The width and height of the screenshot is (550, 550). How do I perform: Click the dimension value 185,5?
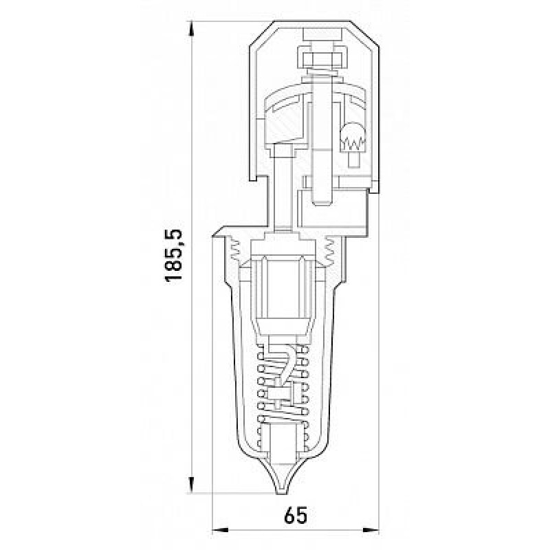pyautogui.click(x=174, y=256)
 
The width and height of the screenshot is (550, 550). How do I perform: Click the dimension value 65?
pyautogui.click(x=296, y=515)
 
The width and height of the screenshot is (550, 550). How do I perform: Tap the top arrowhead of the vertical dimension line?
pyautogui.click(x=192, y=28)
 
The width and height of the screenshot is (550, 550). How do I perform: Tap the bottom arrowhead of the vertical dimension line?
pyautogui.click(x=192, y=485)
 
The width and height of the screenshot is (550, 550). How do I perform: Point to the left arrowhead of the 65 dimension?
pyautogui.click(x=220, y=530)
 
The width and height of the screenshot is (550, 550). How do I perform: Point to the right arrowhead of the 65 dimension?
pyautogui.click(x=371, y=530)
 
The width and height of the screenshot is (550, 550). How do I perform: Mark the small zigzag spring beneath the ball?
pyautogui.click(x=353, y=143)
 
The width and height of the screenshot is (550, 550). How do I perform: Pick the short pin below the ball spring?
pyautogui.click(x=353, y=159)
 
